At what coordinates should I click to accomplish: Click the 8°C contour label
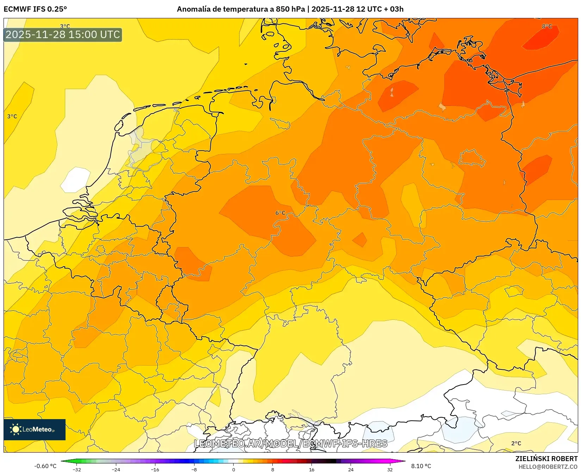547,26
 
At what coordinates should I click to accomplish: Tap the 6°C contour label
280,213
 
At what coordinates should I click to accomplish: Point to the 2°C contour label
516,443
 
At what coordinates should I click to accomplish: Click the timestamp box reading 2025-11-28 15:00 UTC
63,35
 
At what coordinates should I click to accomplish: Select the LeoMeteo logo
35,429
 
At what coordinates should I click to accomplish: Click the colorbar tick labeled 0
233,469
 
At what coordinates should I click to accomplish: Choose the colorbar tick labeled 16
311,469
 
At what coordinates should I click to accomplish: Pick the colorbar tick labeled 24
351,469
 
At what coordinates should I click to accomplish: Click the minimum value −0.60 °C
45,466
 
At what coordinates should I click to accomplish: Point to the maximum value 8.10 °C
421,466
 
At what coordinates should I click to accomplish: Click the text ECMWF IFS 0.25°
35,9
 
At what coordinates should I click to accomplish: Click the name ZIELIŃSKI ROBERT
546,459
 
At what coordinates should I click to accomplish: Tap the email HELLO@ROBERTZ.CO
548,467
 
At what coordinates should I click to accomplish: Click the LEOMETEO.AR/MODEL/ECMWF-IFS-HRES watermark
291,443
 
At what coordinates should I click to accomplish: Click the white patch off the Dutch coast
75,180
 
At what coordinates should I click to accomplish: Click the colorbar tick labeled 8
272,469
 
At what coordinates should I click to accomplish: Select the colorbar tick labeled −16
155,469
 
